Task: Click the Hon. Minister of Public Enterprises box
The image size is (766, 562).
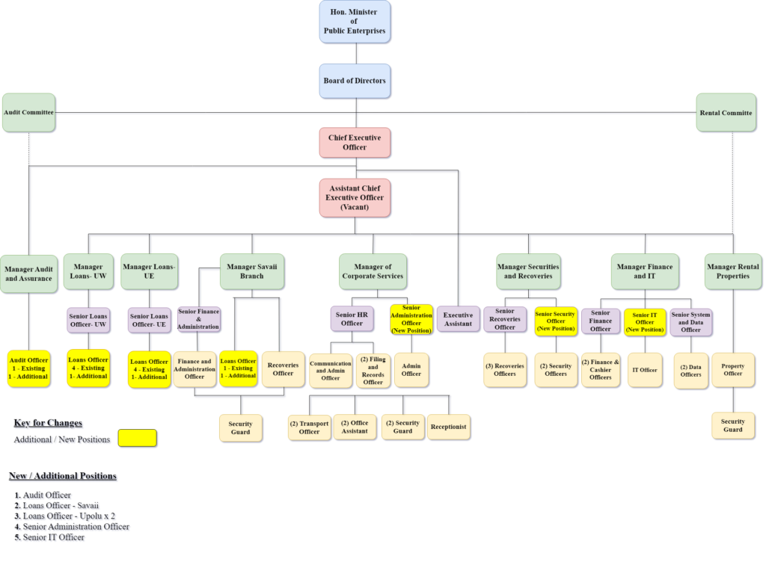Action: coord(355,22)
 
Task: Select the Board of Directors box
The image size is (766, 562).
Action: coord(355,81)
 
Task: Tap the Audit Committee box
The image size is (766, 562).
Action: coord(28,113)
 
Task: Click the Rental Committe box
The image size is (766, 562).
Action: coord(726,113)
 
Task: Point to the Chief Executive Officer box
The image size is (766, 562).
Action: coord(355,143)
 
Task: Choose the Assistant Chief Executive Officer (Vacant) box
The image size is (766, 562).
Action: coord(355,197)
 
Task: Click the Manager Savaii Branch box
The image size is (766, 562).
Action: coord(252,271)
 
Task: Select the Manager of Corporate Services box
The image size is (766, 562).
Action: coord(373,271)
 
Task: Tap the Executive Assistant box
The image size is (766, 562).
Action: coord(458,319)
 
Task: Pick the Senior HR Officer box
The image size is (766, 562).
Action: coord(352,319)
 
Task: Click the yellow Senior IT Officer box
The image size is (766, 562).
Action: coord(644,322)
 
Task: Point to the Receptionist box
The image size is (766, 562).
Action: coord(448,427)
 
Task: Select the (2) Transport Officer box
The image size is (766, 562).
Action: coord(309,427)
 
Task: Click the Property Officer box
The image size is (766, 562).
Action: coord(732,370)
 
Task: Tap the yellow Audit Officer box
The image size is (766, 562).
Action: coord(28,368)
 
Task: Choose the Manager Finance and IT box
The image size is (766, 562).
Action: coord(644,271)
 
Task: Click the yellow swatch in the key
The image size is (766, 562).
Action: coord(137,439)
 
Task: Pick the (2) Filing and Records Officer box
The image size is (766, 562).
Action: coord(373,371)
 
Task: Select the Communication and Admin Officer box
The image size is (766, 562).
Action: coord(330,371)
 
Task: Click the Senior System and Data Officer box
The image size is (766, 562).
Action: coord(690,322)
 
